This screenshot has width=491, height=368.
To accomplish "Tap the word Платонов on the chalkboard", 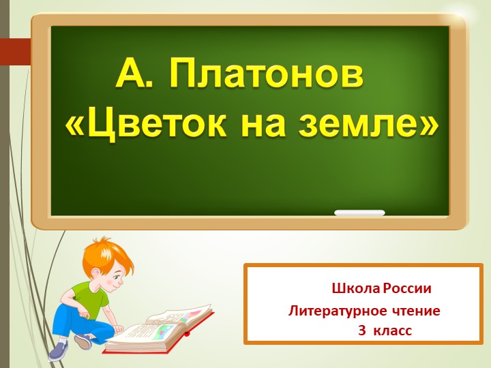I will click(265, 73).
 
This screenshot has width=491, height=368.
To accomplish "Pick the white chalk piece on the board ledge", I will click(359, 213).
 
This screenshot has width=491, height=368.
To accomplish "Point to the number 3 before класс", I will click(362, 331).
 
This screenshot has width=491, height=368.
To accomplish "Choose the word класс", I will click(394, 331).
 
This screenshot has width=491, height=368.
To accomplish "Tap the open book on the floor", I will click(160, 327).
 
